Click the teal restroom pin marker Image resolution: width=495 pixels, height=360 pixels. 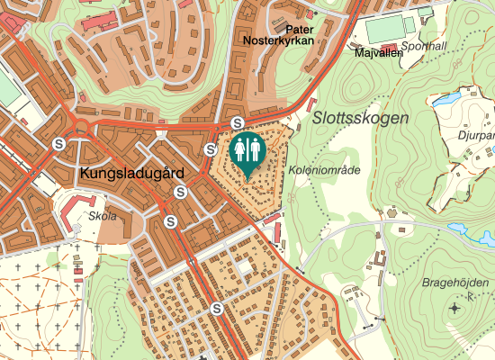click(x=246, y=152)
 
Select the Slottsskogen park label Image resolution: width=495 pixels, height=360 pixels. click(x=361, y=118)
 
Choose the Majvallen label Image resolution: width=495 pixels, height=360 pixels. click(x=379, y=53)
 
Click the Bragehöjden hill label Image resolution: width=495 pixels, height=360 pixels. click(x=455, y=283)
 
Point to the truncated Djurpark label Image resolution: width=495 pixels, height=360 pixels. click(x=476, y=135)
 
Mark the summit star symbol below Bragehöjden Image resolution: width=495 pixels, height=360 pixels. click(x=454, y=309)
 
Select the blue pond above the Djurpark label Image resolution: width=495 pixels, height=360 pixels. click(x=447, y=100)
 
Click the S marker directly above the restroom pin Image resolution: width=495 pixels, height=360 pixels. click(x=238, y=123)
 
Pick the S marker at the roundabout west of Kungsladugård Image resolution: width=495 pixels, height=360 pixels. click(x=59, y=143)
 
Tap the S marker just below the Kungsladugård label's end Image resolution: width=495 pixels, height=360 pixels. click(x=181, y=192)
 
